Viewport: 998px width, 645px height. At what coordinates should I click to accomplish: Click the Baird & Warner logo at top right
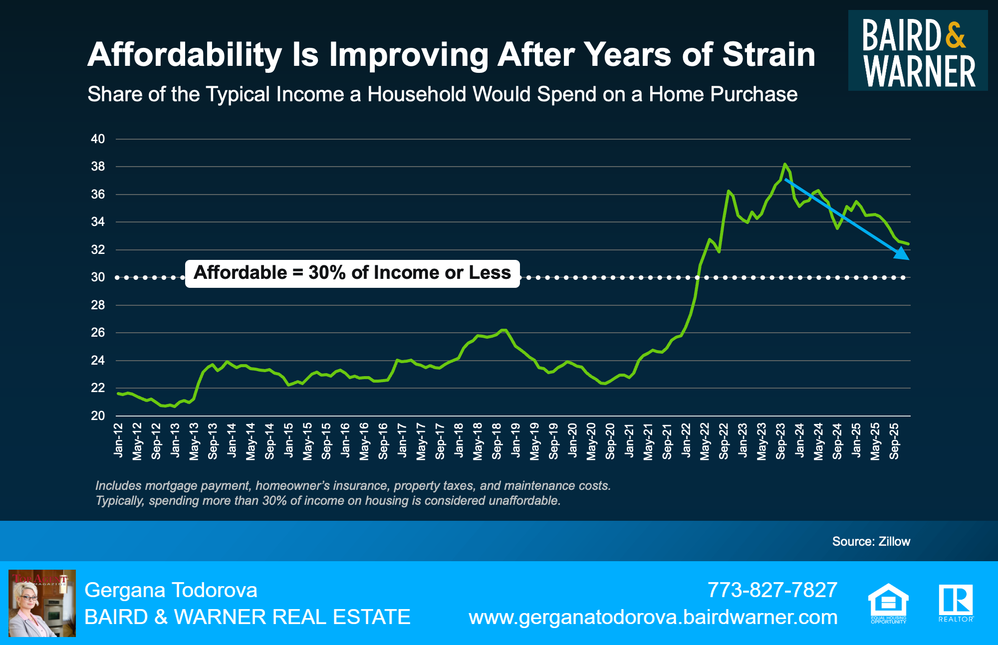click(x=918, y=51)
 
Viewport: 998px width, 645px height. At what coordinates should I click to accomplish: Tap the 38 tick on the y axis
click(x=98, y=167)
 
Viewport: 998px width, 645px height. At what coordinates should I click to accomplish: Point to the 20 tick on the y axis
click(x=98, y=416)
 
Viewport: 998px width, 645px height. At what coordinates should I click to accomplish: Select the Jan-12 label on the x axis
click(x=118, y=440)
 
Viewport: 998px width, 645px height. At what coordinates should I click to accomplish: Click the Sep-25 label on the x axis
click(x=894, y=441)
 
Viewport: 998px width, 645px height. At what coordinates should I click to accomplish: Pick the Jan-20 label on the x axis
click(x=572, y=440)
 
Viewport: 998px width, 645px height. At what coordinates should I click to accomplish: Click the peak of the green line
click(x=785, y=164)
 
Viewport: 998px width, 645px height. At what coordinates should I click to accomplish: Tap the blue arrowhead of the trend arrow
click(x=902, y=254)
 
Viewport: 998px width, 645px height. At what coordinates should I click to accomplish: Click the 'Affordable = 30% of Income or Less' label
click(x=352, y=273)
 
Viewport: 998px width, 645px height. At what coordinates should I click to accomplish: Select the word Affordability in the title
click(x=185, y=54)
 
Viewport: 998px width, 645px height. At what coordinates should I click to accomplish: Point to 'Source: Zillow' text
click(x=871, y=541)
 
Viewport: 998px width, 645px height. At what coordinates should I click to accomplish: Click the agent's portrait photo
click(x=42, y=603)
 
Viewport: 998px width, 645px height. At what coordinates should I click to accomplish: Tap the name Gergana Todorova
click(x=171, y=590)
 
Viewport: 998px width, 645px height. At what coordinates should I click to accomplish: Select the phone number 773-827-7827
click(x=772, y=590)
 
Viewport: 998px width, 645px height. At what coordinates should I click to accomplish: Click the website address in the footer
click(x=653, y=618)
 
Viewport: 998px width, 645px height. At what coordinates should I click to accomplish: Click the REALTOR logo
click(x=956, y=603)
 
